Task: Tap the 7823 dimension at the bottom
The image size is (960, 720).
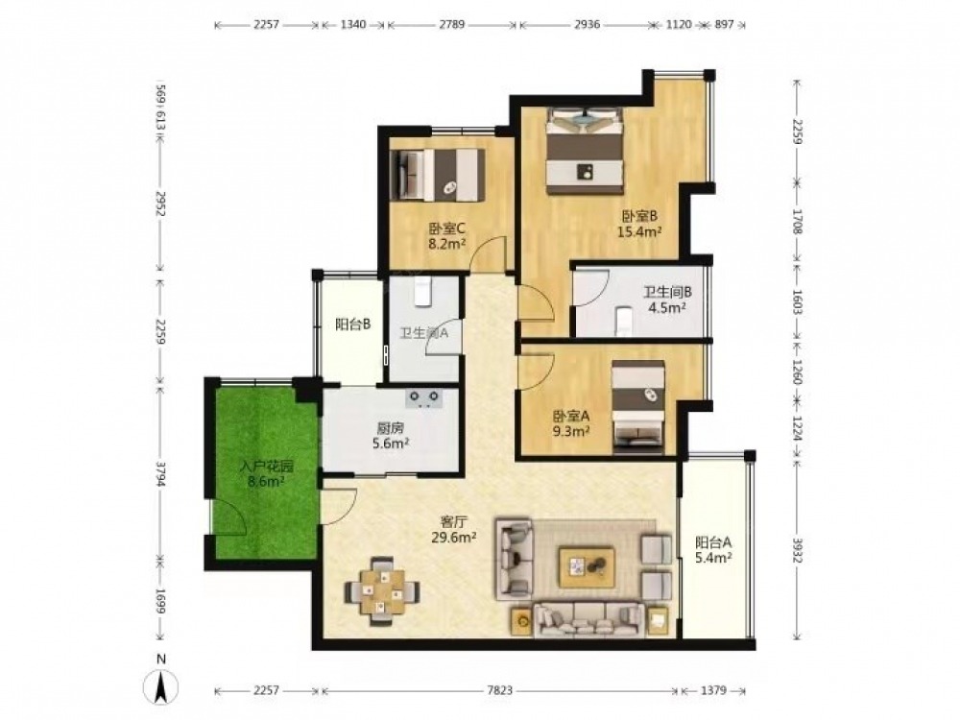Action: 499,690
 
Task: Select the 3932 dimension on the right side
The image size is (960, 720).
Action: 797,550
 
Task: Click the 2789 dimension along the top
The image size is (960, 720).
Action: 452,25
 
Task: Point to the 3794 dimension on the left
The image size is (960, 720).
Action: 161,474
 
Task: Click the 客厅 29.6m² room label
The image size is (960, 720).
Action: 455,530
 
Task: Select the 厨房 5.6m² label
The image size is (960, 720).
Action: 391,435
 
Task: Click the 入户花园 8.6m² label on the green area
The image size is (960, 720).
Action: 266,473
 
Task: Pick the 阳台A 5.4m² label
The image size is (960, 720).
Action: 713,550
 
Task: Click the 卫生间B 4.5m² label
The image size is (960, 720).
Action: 667,300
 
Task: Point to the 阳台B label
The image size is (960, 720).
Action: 352,324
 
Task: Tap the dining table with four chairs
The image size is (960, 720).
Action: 382,590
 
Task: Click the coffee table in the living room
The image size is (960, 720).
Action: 587,567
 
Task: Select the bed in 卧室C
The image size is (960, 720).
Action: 438,175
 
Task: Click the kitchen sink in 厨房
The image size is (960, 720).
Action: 423,398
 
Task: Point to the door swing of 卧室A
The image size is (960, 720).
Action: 535,372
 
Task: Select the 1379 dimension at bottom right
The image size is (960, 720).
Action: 713,690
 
